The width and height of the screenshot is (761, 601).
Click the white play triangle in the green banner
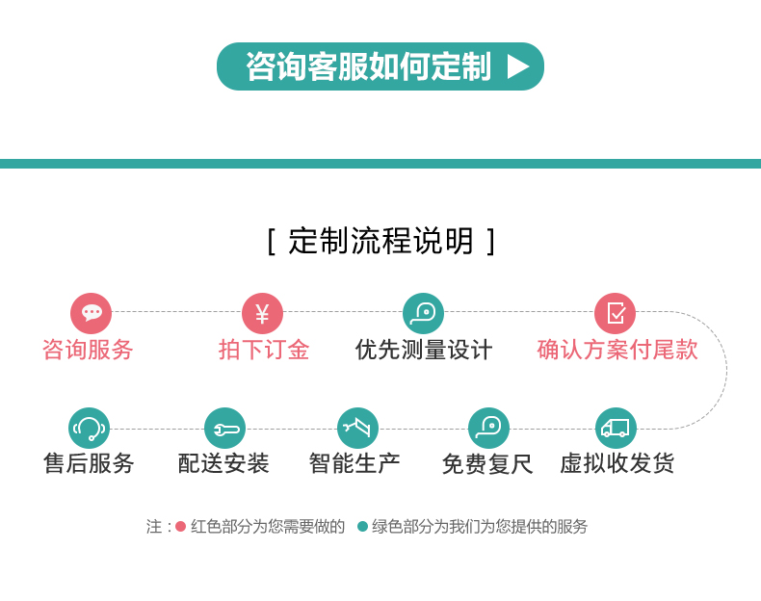point(518,66)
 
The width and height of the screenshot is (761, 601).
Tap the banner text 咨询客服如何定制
point(368,66)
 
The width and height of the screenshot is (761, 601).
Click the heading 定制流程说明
point(381,241)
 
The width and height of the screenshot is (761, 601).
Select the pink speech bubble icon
point(92,313)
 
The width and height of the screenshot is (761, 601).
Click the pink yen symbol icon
point(262,313)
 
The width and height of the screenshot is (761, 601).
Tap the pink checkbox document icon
point(615,313)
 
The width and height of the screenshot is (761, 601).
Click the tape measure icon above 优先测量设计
point(423,313)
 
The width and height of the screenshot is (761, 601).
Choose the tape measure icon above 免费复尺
point(488,428)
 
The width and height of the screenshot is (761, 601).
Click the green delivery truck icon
point(616,428)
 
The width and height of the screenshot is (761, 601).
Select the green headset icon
point(89,428)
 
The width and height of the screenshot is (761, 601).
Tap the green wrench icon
point(224,428)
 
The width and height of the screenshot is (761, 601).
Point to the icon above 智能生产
point(357,428)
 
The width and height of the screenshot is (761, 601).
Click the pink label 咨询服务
point(88,350)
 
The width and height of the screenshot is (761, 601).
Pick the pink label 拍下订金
point(264,350)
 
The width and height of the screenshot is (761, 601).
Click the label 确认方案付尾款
point(617,350)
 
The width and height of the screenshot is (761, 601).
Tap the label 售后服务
point(89,463)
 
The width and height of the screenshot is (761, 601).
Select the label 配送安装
point(223,463)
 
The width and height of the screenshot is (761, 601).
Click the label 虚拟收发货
point(617,463)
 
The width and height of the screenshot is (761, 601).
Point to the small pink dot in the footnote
point(180,526)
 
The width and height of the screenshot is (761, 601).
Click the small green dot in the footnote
point(362,526)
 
